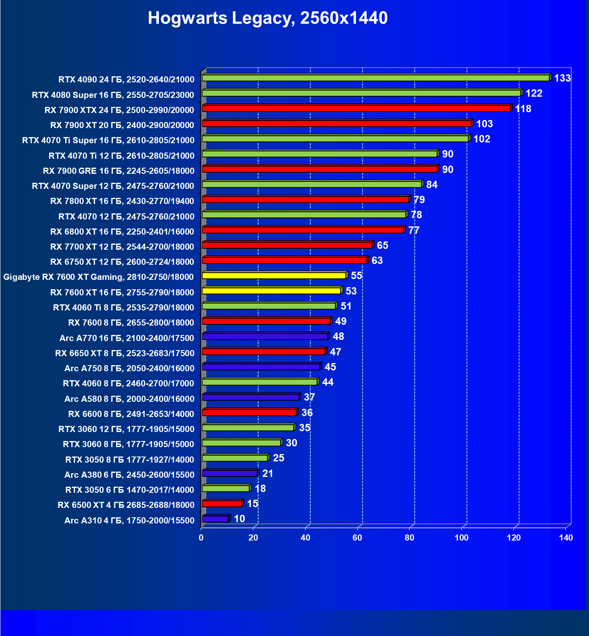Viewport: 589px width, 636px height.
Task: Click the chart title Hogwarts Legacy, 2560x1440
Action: click(x=268, y=18)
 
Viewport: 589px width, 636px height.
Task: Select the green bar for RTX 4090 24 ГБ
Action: click(x=375, y=78)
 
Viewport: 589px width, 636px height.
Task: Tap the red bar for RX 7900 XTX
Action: click(x=356, y=108)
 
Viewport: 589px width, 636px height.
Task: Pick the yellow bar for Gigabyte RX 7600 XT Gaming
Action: click(x=274, y=275)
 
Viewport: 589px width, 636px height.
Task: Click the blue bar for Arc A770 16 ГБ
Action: click(x=265, y=336)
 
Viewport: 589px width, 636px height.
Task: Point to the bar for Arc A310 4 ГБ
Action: click(x=215, y=519)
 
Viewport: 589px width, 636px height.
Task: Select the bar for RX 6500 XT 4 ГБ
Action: click(x=222, y=503)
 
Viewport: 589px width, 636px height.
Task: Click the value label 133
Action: click(x=562, y=78)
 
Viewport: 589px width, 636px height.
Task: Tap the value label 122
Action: click(x=534, y=93)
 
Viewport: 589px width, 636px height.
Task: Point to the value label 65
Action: click(x=382, y=245)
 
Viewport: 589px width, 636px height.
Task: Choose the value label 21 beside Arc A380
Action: click(x=268, y=473)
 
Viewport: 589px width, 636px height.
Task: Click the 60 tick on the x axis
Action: click(x=357, y=538)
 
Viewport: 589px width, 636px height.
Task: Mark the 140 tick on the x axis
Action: click(x=566, y=538)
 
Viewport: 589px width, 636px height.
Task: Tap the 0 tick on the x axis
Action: click(x=201, y=538)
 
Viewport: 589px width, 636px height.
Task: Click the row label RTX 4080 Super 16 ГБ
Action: click(x=113, y=95)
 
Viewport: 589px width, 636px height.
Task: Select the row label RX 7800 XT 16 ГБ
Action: click(x=122, y=201)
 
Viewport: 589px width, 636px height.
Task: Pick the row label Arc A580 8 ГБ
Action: click(x=129, y=399)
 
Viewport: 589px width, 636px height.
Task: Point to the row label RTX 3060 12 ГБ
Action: click(x=126, y=429)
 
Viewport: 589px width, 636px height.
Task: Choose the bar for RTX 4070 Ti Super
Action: click(x=335, y=139)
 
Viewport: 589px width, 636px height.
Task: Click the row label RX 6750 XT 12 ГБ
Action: click(x=122, y=262)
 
